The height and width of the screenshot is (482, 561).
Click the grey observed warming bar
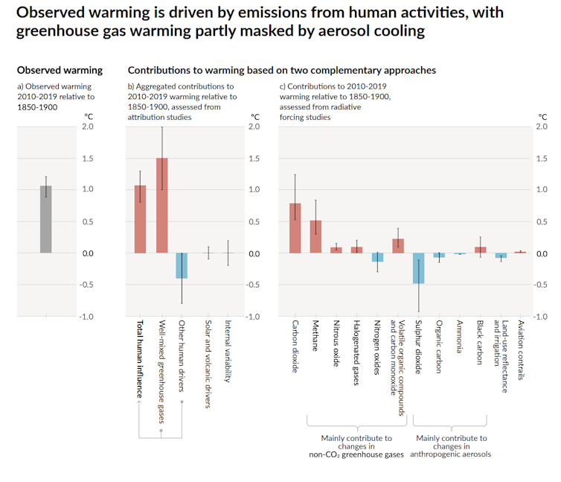click(46, 220)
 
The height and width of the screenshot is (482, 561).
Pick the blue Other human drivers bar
click(182, 266)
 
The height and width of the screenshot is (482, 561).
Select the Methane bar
click(315, 237)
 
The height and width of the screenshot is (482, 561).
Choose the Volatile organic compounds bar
click(398, 246)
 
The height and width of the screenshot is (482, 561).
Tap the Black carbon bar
click(480, 250)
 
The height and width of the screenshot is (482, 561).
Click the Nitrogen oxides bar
click(377, 257)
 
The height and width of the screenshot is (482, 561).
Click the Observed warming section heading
click(60, 70)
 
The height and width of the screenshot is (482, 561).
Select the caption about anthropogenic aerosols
click(452, 445)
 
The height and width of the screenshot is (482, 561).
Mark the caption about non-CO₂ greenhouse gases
click(356, 445)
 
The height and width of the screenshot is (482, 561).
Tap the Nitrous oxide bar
click(336, 250)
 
